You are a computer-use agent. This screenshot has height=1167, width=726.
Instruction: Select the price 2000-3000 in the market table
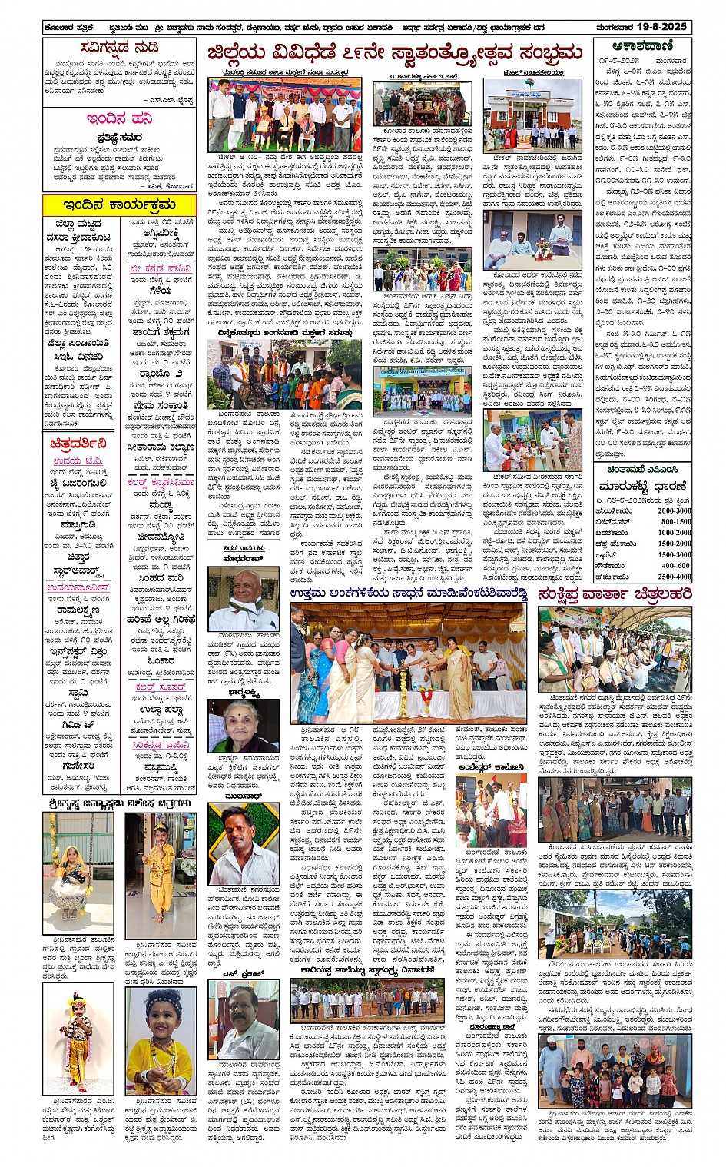point(674,510)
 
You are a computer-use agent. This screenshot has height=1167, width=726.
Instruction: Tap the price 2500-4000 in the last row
point(674,577)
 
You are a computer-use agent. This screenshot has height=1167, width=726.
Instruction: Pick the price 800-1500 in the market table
point(674,521)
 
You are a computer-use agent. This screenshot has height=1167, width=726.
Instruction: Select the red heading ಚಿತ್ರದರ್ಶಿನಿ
point(78,444)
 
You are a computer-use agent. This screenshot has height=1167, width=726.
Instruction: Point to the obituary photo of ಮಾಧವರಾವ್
point(244,600)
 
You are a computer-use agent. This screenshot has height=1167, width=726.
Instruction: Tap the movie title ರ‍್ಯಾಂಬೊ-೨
point(161,374)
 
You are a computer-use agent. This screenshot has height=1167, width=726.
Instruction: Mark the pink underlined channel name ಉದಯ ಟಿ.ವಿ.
point(77,460)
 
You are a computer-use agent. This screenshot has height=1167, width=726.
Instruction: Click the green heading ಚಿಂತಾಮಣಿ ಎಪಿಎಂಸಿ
point(642,469)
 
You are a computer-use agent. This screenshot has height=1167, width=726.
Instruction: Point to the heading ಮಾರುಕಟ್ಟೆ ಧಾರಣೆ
point(642,487)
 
